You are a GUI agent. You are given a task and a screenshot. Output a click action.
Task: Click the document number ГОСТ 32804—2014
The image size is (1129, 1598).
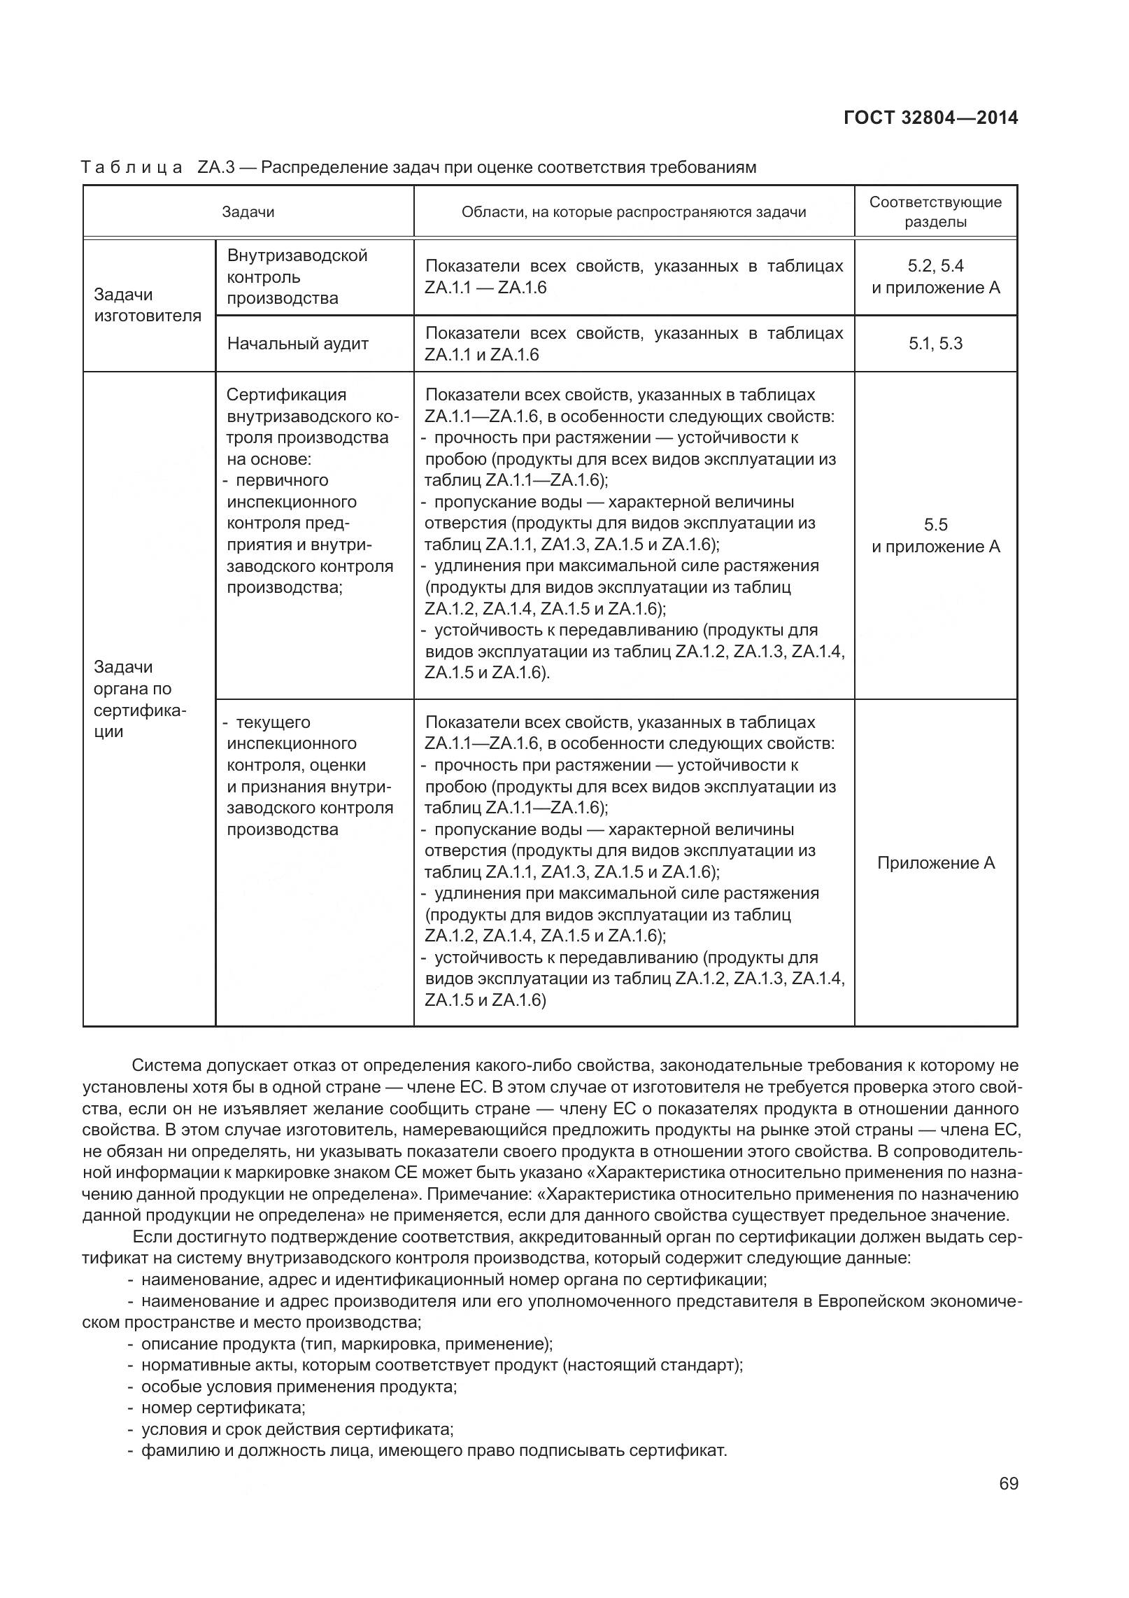(x=930, y=118)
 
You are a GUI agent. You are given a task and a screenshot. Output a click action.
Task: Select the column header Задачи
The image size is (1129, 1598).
(x=248, y=212)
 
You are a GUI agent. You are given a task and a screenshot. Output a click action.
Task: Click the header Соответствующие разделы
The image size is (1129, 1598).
(x=935, y=212)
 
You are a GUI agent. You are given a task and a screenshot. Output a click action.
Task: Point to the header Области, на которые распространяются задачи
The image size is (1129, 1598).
(x=633, y=212)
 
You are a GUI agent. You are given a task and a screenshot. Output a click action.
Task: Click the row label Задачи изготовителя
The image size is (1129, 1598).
(x=148, y=305)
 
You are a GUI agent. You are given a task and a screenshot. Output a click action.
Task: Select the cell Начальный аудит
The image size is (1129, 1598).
(x=298, y=344)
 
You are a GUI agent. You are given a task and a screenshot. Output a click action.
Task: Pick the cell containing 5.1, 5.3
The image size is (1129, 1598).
(x=935, y=344)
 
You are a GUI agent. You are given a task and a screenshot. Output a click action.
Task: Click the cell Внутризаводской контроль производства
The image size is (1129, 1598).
(x=297, y=276)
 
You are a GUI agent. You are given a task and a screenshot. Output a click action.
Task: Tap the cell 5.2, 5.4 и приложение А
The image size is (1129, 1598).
(x=935, y=276)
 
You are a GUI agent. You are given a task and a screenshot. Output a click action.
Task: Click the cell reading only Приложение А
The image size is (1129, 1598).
(x=935, y=863)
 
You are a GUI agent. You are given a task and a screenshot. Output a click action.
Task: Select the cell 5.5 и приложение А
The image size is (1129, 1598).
(x=935, y=535)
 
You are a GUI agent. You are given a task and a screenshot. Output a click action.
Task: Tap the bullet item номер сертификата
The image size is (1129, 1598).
(x=223, y=1408)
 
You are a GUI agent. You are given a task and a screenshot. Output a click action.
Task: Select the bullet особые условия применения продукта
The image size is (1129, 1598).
(x=299, y=1387)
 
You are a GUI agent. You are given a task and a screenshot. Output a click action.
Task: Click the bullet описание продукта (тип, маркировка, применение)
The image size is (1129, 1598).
(x=346, y=1344)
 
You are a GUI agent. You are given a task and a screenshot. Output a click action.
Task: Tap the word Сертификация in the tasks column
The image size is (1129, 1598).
(x=286, y=395)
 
